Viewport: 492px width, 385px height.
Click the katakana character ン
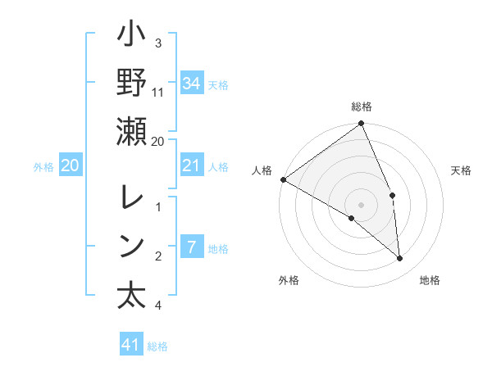click(131, 246)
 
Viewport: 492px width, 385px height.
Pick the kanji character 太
click(131, 296)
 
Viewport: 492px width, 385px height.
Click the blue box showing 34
click(191, 84)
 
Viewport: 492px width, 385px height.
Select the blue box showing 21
click(191, 166)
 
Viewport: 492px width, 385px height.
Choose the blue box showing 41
click(131, 345)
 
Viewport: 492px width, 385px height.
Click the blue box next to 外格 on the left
click(70, 166)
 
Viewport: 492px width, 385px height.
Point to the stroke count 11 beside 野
click(158, 92)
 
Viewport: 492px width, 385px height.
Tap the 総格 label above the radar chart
click(362, 107)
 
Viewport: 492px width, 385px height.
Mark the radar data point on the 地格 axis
click(399, 258)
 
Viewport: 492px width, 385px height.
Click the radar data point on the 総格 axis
click(362, 125)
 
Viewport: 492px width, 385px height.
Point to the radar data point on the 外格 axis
click(352, 218)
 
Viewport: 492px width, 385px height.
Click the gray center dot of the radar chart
click(362, 204)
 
